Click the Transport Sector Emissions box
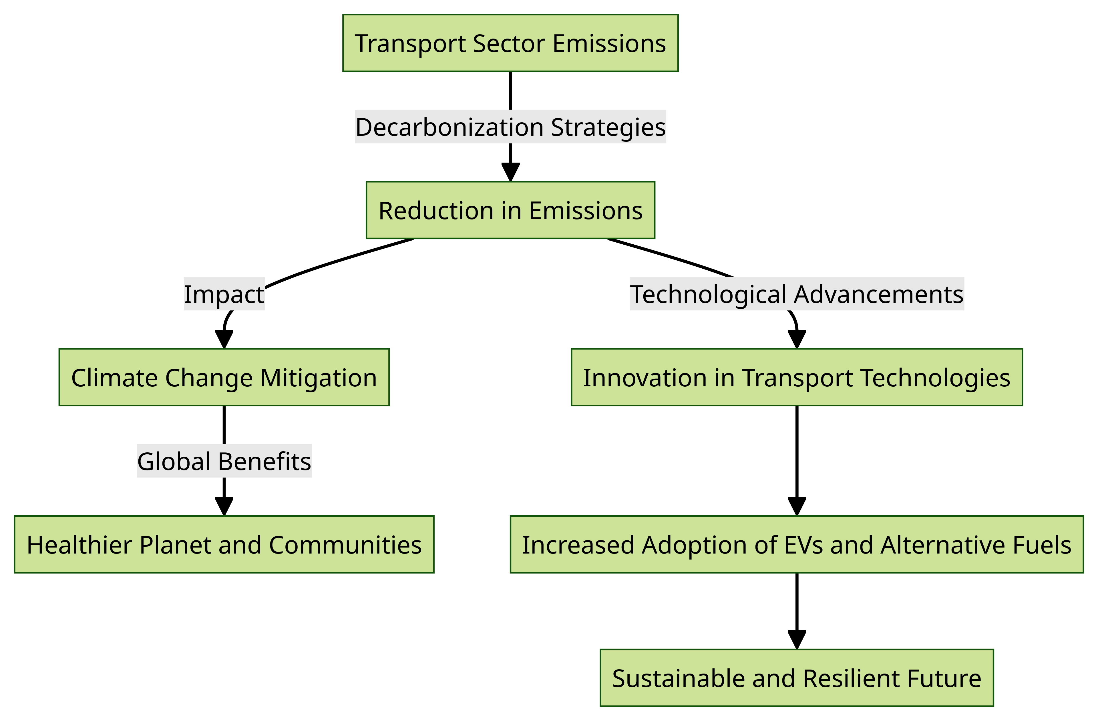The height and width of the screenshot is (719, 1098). tap(510, 43)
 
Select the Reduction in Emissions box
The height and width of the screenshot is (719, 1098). tap(510, 210)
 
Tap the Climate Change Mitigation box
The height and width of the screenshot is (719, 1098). tap(224, 377)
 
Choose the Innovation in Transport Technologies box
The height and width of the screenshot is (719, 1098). tap(797, 377)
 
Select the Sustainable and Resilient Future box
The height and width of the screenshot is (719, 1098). tap(797, 678)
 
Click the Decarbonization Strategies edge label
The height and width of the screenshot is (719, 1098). tap(510, 127)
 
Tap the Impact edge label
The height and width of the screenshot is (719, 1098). tap(224, 294)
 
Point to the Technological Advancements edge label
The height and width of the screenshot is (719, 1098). tap(797, 294)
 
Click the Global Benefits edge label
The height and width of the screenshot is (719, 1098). tap(224, 461)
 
